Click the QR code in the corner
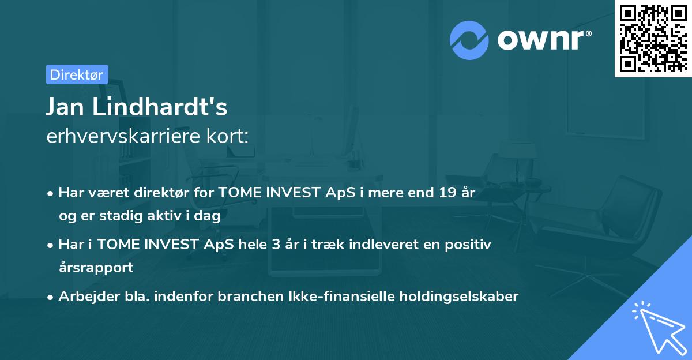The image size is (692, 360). click(x=653, y=39)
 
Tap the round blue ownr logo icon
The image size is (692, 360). click(x=469, y=40)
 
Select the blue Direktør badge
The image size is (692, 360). click(x=77, y=74)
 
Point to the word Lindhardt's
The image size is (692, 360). click(x=163, y=107)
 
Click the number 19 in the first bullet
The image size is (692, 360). click(x=446, y=193)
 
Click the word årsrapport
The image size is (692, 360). click(x=96, y=267)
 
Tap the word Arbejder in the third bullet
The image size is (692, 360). click(x=85, y=297)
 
